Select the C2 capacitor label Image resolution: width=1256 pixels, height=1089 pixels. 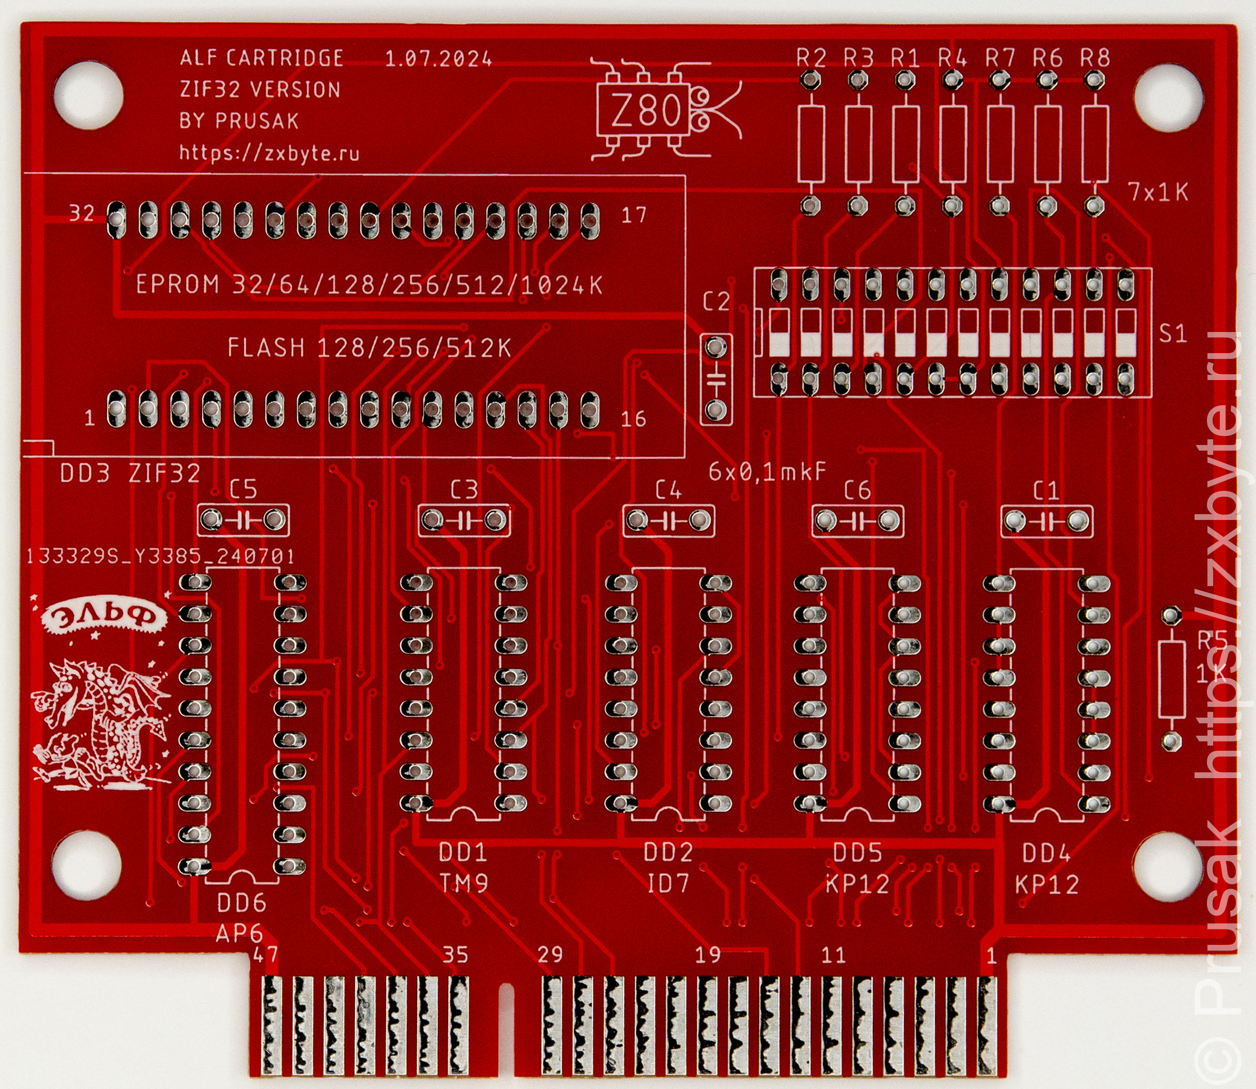click(x=715, y=302)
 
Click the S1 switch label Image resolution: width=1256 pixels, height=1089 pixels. click(x=1173, y=334)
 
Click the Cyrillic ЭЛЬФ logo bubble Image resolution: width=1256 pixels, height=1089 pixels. click(x=103, y=618)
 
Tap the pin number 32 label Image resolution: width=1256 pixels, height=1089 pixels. click(x=82, y=213)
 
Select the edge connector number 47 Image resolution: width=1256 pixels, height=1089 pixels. click(x=265, y=955)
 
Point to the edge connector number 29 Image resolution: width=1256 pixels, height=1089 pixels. click(x=550, y=955)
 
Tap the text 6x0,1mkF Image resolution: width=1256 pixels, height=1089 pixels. click(x=767, y=471)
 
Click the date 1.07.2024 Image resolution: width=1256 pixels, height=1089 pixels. click(x=438, y=59)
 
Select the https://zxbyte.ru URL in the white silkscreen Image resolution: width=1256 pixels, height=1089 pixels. click(x=269, y=152)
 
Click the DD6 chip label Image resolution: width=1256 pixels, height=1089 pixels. click(x=242, y=904)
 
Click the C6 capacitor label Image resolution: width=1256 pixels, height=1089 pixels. click(x=857, y=491)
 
